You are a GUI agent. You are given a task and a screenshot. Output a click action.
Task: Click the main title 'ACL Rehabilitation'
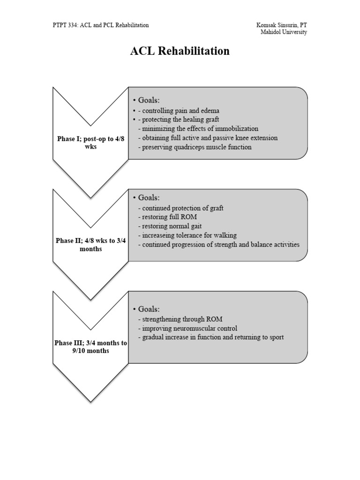click(180, 51)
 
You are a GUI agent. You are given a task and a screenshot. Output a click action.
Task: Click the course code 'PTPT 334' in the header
click(64, 25)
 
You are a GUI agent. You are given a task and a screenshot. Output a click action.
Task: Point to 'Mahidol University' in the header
click(284, 32)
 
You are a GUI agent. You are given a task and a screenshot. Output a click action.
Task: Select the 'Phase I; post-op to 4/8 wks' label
click(90, 143)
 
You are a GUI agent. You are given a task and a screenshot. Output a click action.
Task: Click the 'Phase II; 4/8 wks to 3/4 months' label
click(90, 245)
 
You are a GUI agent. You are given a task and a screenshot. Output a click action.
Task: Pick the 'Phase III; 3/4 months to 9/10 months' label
click(90, 347)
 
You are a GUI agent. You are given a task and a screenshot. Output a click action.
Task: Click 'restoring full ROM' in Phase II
click(167, 217)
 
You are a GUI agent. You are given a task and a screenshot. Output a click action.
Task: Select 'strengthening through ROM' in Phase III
click(180, 319)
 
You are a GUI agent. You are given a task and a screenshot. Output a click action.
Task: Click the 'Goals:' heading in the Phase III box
click(149, 309)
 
